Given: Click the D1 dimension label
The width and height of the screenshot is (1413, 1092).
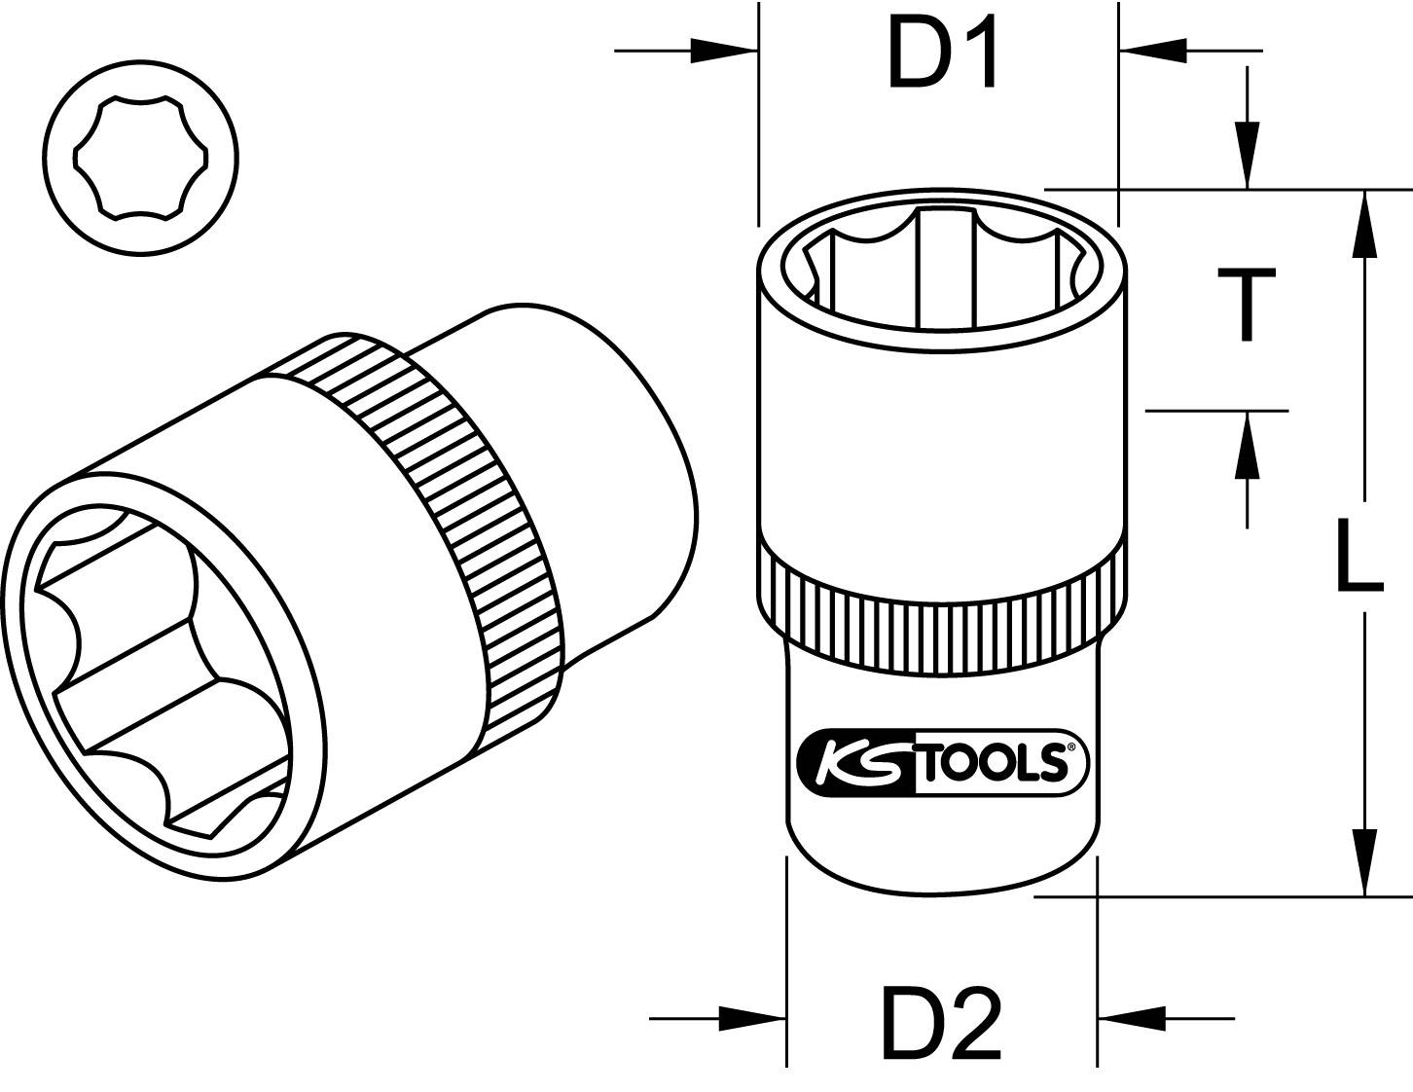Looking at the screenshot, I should [942, 52].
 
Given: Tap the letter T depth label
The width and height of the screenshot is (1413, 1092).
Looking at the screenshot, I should [1247, 306].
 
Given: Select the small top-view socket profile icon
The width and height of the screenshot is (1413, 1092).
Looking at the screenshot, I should [142, 158].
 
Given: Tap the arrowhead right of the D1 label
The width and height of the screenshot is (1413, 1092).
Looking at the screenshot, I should [1153, 51].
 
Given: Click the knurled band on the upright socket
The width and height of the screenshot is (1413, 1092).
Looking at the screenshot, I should [942, 623].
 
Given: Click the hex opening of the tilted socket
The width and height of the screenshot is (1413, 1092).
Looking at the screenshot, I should [161, 672].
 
